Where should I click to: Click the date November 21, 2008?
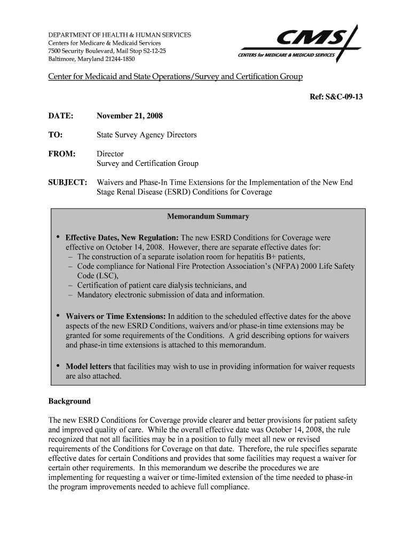click(x=130, y=116)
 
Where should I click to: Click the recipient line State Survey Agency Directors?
click(x=146, y=135)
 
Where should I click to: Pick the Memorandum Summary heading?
click(x=208, y=217)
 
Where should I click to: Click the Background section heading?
click(x=69, y=401)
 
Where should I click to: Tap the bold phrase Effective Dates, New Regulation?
click(x=122, y=237)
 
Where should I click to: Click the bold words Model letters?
click(x=88, y=367)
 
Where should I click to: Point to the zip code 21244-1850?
click(x=120, y=59)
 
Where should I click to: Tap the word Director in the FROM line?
click(x=110, y=154)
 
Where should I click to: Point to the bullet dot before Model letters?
click(x=57, y=367)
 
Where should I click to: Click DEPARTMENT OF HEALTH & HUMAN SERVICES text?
click(x=120, y=35)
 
